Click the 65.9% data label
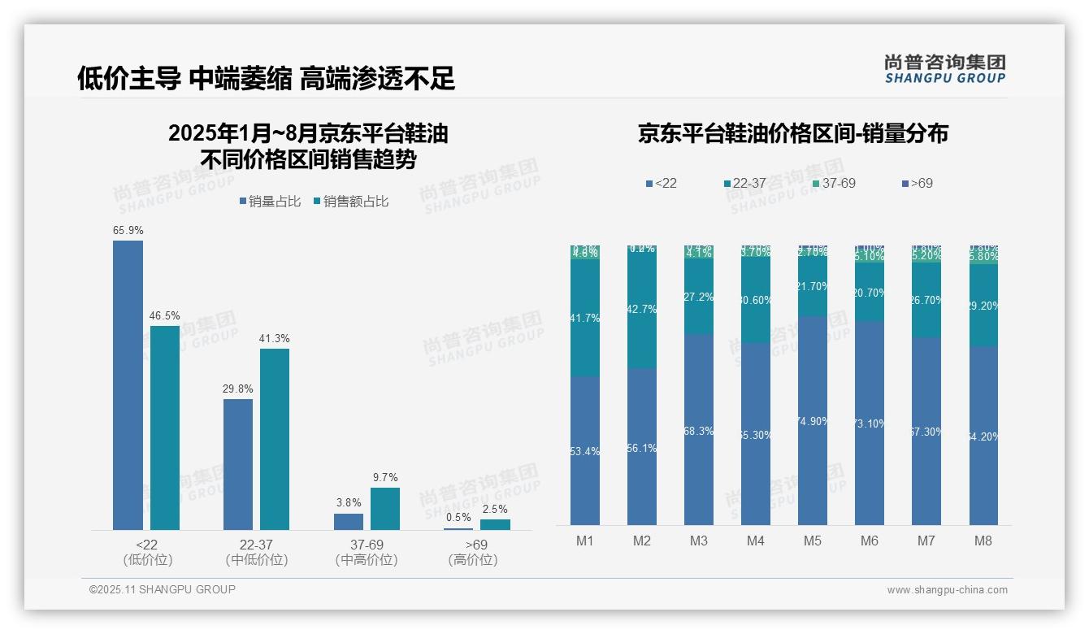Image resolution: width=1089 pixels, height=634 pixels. [128, 231]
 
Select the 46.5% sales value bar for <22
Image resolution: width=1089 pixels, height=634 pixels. [165, 428]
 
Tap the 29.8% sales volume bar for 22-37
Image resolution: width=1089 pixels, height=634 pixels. [238, 464]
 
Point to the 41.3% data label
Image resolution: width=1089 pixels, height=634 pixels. [275, 338]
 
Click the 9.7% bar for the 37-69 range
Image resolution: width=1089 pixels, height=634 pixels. [385, 509]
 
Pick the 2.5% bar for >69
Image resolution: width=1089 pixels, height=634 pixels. [495, 524]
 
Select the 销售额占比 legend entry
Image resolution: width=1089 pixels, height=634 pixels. [350, 202]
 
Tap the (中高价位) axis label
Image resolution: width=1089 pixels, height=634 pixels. [367, 560]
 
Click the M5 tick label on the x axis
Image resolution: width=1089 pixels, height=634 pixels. [813, 541]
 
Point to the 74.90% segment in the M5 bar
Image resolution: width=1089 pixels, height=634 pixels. [813, 420]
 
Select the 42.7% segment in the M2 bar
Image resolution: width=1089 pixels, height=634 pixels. [642, 310]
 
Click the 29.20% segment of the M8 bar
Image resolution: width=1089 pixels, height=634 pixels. [983, 306]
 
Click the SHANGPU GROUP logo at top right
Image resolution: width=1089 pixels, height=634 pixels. [944, 69]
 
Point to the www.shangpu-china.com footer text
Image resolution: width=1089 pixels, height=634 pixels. [947, 590]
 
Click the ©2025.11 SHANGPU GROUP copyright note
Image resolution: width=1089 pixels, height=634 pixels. [163, 589]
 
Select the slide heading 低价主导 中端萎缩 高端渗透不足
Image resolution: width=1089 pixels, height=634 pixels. [266, 78]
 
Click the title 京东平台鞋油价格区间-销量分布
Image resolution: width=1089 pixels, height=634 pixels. [792, 134]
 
